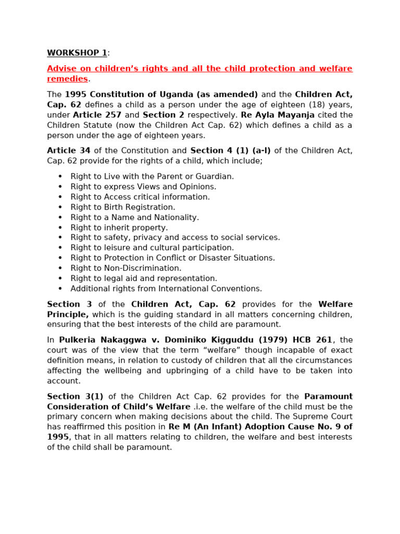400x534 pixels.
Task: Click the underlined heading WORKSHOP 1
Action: point(77,53)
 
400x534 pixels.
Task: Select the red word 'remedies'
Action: point(67,79)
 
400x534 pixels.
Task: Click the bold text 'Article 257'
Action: point(97,115)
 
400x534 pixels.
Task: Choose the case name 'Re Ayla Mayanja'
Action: point(278,115)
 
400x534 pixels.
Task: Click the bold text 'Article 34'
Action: point(69,151)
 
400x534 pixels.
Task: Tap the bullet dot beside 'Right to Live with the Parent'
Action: point(60,177)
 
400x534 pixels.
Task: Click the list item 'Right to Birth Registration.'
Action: point(123,207)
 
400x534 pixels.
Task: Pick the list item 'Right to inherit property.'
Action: point(119,227)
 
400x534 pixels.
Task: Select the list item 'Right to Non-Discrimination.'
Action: point(126,268)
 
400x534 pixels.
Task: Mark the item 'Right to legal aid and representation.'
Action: point(144,278)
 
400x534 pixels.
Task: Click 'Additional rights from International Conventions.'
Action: point(166,288)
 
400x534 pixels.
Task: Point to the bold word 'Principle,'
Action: point(68,314)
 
